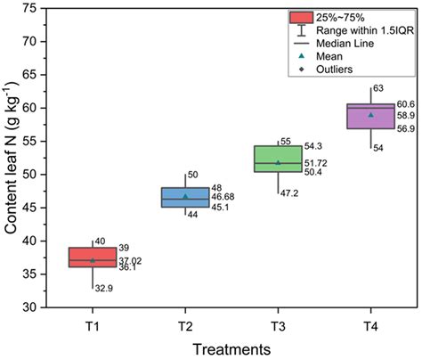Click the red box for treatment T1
pos(93,257)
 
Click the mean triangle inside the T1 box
pos(93,259)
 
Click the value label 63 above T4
pos(377,88)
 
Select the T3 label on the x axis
pos(278,323)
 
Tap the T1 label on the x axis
pos(93,323)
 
